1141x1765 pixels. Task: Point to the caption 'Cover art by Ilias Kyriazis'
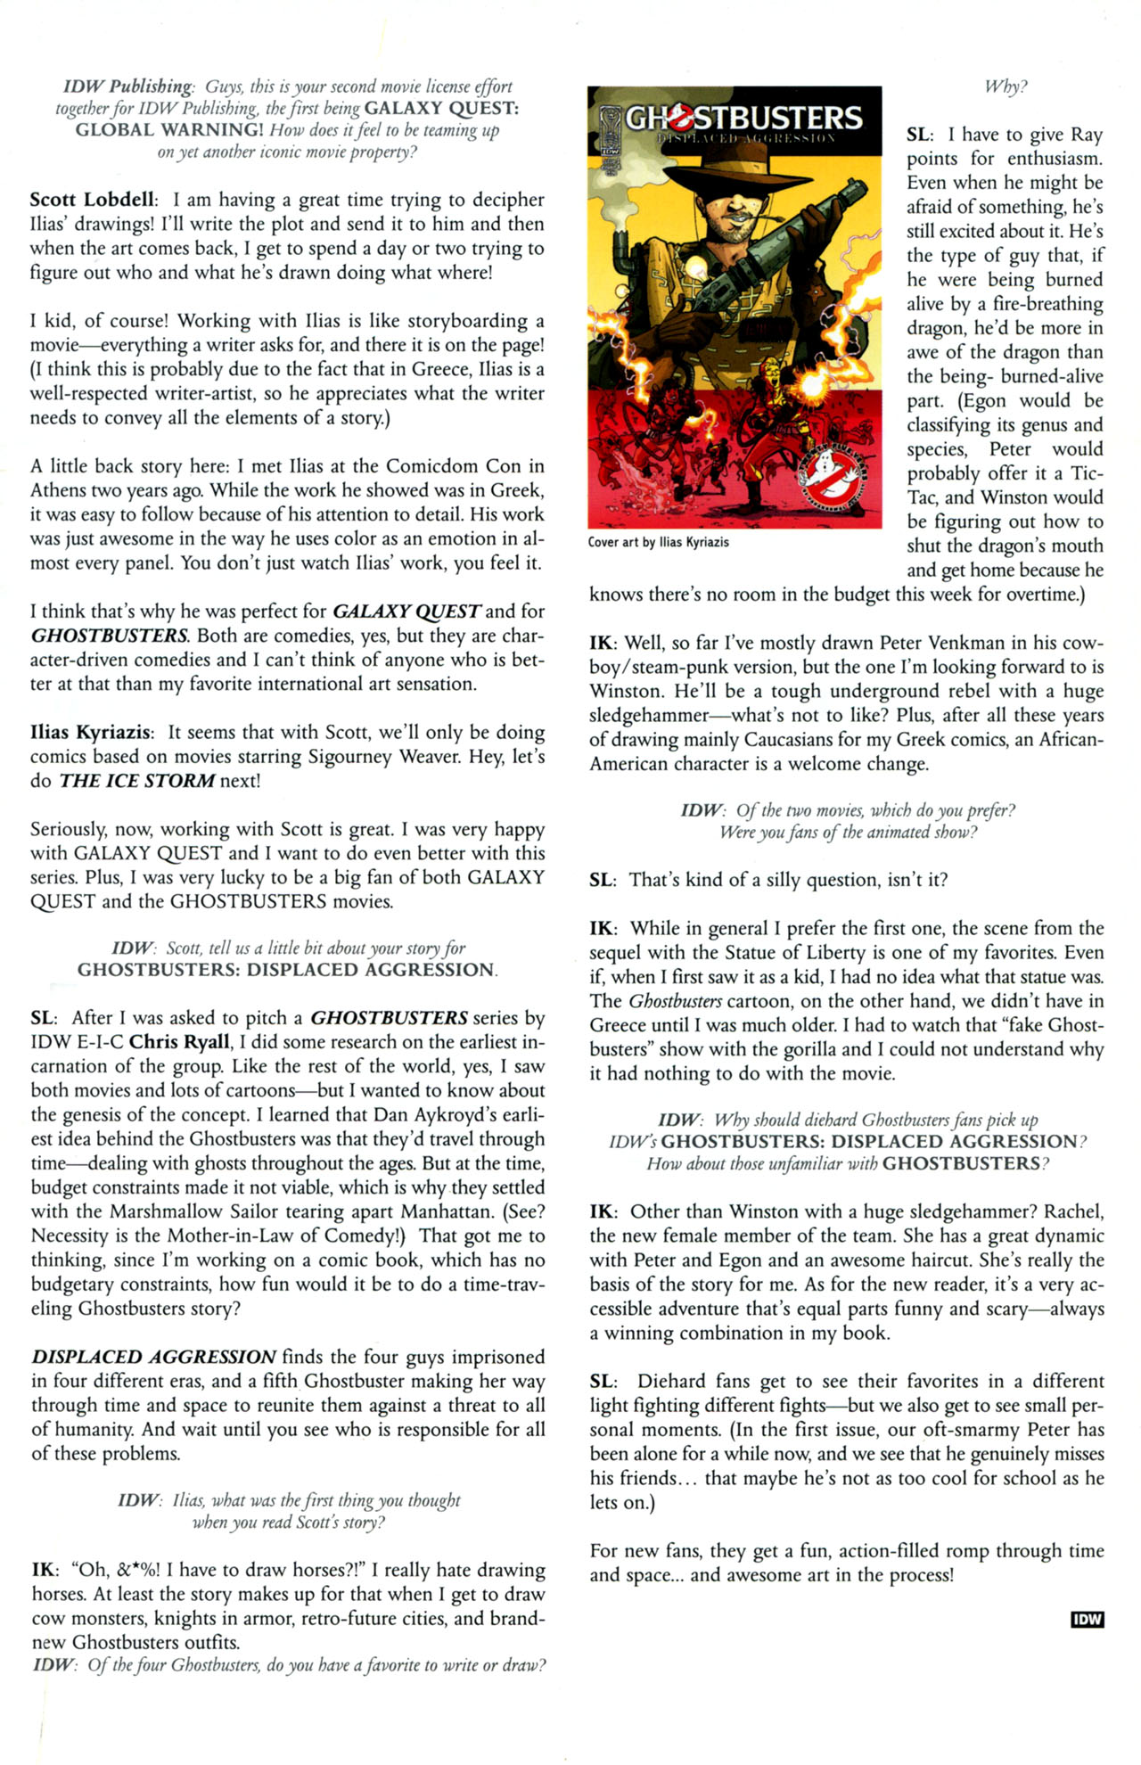coord(658,542)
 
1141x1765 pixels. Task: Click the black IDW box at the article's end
coord(1087,1620)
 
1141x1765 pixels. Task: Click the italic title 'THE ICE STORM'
coord(137,781)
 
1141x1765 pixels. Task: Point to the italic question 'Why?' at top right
coord(1005,86)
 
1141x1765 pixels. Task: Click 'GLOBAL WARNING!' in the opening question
coord(169,130)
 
